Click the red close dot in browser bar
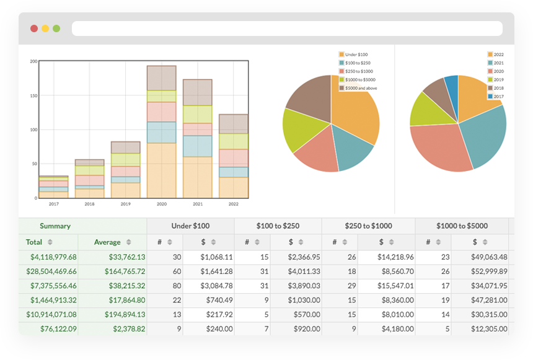34,29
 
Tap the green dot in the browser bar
56,29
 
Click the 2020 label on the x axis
162,204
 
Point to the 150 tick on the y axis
33,95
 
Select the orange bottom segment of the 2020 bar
162,170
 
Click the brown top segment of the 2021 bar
198,92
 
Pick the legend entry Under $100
357,55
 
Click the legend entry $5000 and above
360,88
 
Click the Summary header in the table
55,226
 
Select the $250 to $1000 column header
368,226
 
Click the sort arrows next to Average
129,242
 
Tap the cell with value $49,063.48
480,257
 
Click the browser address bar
287,29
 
